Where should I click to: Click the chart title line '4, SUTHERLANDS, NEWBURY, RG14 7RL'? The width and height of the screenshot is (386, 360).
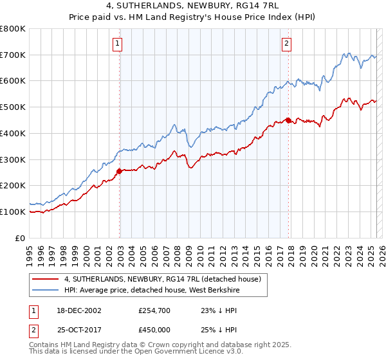click(x=192, y=7)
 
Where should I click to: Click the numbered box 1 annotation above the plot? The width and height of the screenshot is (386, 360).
click(x=118, y=44)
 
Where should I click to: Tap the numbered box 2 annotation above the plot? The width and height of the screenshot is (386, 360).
click(x=286, y=44)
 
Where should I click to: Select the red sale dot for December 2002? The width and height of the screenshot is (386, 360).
click(x=120, y=171)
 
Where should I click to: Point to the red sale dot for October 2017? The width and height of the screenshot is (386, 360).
click(x=288, y=120)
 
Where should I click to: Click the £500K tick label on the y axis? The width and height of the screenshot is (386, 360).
click(x=13, y=107)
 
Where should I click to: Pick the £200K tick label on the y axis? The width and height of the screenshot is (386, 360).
click(x=13, y=186)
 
